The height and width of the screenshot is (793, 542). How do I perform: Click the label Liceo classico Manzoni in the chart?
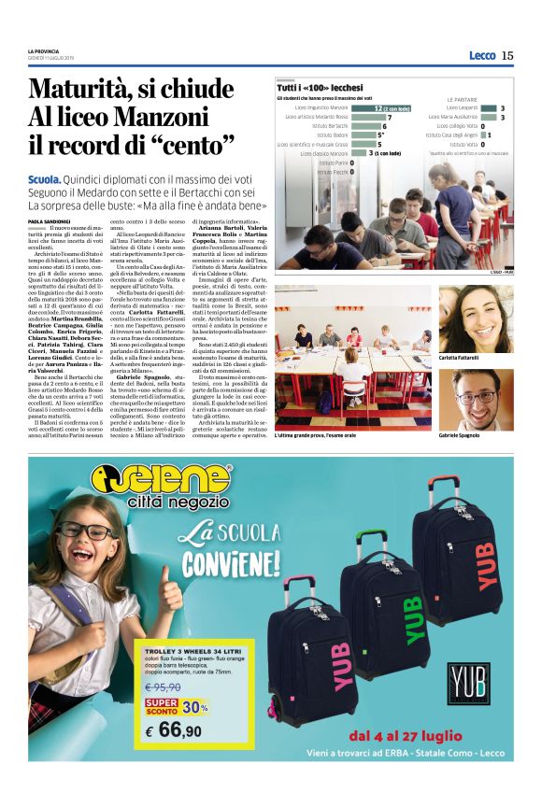(x=324, y=153)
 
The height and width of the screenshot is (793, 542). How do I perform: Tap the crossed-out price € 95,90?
(x=162, y=687)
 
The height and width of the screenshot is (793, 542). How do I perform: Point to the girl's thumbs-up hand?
(x=172, y=588)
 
